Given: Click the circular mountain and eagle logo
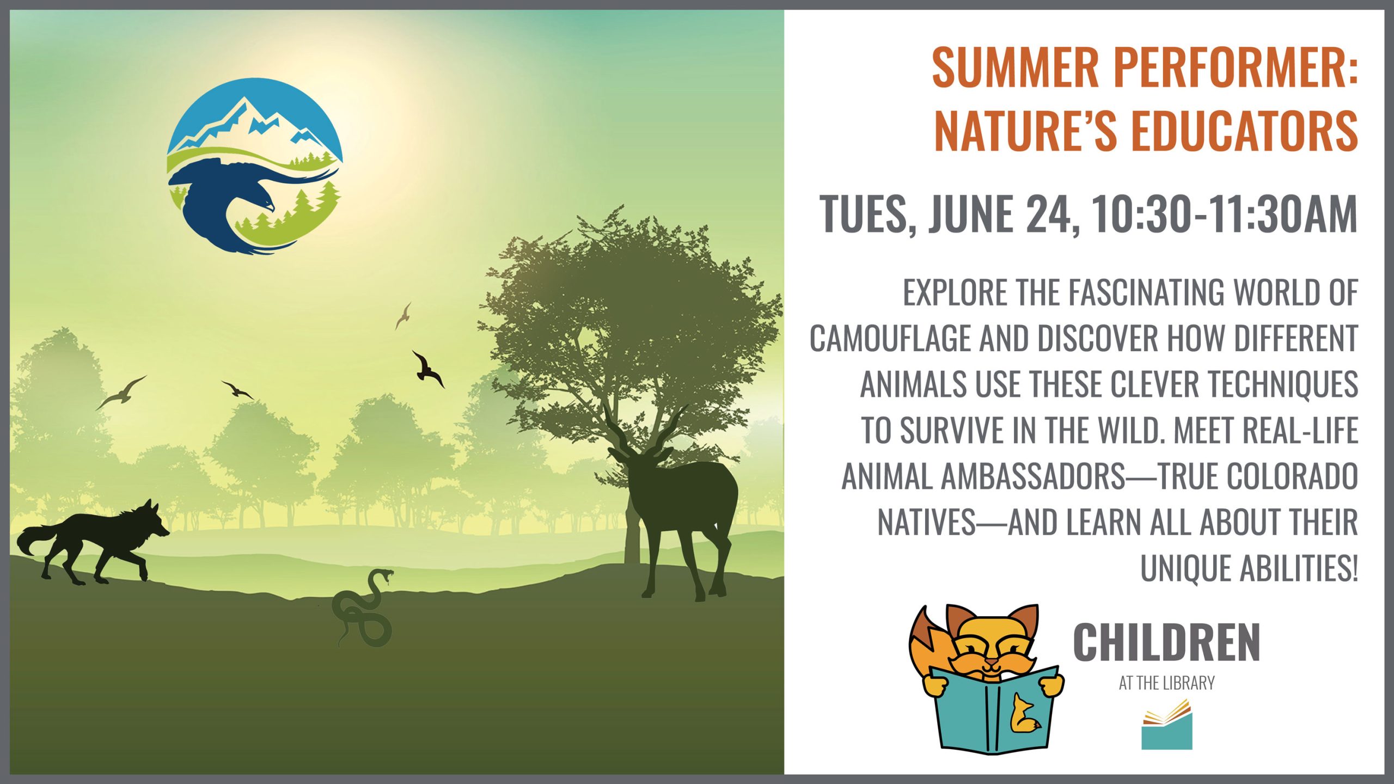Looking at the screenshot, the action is tap(255, 166).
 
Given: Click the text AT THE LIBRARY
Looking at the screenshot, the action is tap(1166, 683).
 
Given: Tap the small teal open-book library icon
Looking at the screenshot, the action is tap(1167, 725).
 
